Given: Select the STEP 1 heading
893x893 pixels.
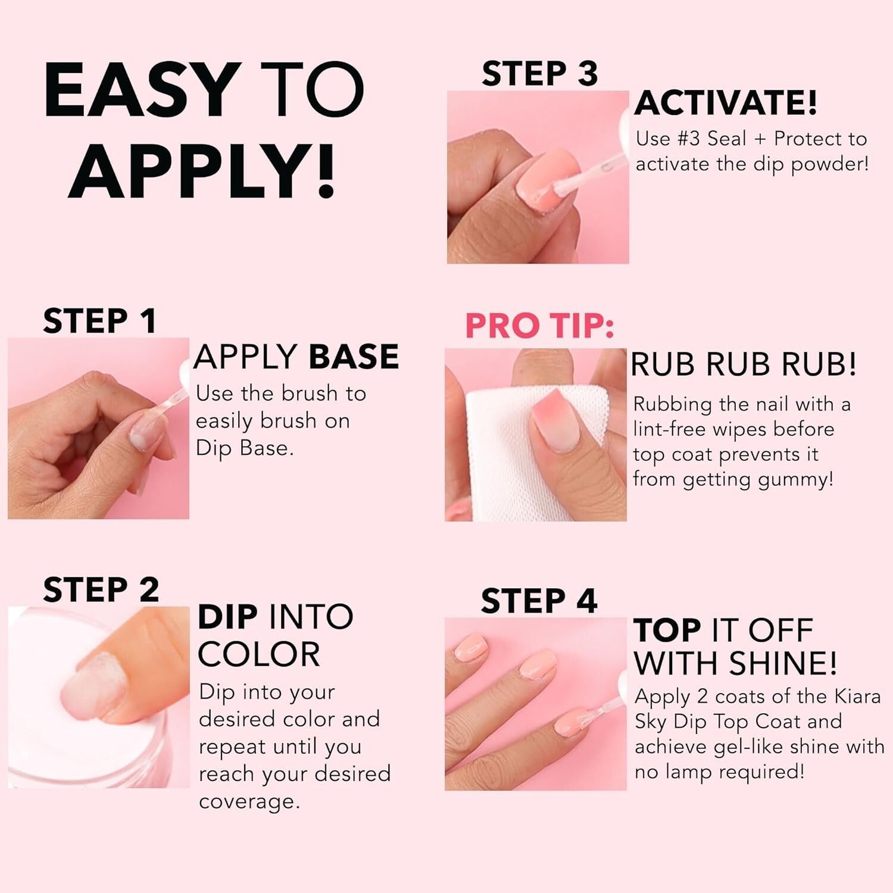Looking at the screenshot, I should [99, 321].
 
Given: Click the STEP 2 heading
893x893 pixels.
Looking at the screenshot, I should [101, 590].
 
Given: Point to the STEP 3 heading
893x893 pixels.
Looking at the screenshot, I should [539, 74].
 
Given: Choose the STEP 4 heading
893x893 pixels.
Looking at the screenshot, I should [539, 601].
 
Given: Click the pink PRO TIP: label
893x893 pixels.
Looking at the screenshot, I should [539, 326].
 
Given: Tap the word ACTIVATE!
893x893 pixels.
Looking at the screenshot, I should [726, 103].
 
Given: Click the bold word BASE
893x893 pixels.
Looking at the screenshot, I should [354, 357].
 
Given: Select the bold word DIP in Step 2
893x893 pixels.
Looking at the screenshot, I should [227, 617].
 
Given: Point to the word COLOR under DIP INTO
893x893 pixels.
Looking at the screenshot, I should [258, 655].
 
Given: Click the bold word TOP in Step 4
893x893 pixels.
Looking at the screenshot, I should [667, 631].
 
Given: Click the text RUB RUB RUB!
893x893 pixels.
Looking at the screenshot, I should [743, 364].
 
